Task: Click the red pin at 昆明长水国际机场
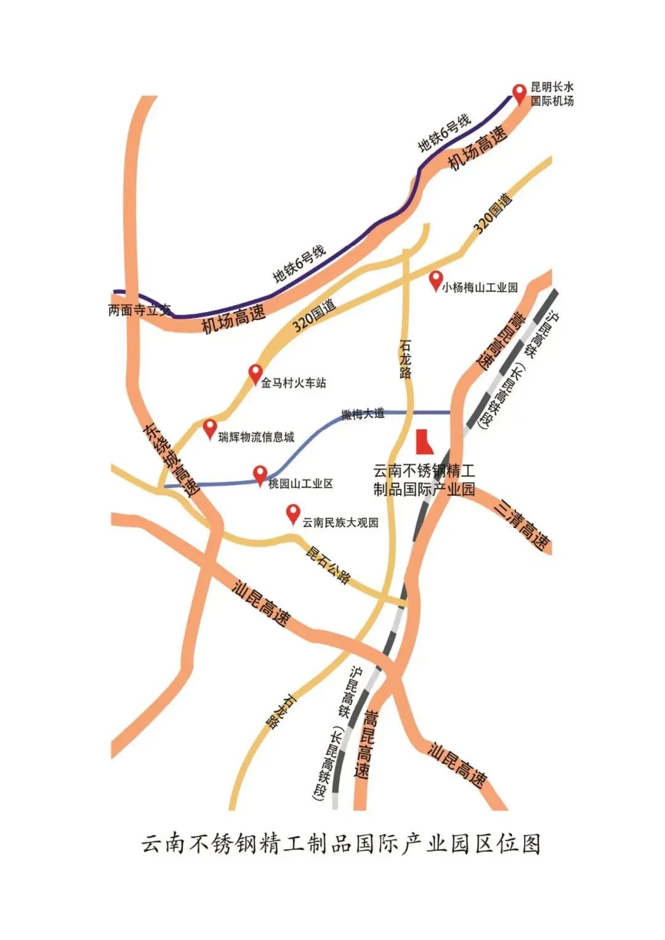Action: tap(520, 92)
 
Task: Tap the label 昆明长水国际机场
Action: tap(552, 94)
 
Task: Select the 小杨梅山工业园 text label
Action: tap(480, 287)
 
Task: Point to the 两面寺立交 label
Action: tap(139, 310)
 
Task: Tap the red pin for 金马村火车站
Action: tap(255, 372)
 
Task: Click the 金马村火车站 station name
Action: tap(294, 383)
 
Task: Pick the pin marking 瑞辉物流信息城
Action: tap(210, 427)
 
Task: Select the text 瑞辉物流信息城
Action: tap(257, 437)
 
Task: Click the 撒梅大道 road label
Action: tap(363, 414)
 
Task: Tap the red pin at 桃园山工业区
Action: tap(260, 474)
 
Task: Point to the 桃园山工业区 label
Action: tap(300, 484)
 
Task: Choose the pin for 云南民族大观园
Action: tap(293, 513)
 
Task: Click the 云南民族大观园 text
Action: tap(340, 523)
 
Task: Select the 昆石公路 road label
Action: tap(328, 565)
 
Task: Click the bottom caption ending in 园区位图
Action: tap(341, 843)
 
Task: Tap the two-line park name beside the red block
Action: tap(424, 481)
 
